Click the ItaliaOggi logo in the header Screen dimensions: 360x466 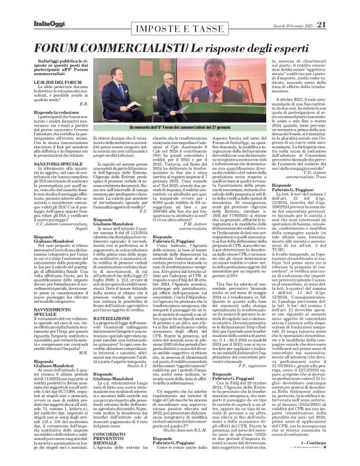coord(32,7)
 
